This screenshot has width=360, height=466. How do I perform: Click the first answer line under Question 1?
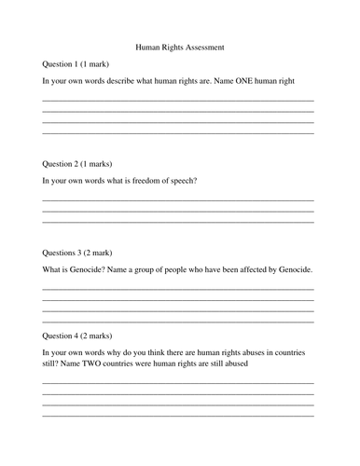tap(178, 100)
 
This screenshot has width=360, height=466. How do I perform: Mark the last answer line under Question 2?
tap(178, 222)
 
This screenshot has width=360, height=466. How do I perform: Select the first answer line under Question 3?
tap(178, 289)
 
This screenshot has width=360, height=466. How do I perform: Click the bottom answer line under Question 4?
tap(178, 416)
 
